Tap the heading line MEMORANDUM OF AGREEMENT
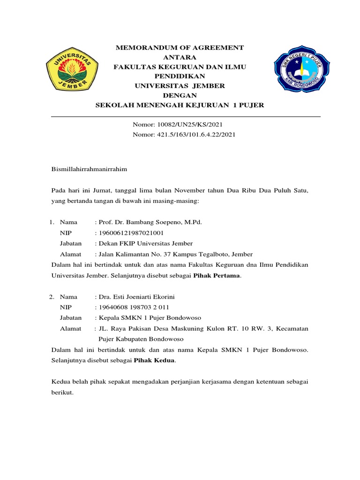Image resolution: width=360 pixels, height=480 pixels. (180, 48)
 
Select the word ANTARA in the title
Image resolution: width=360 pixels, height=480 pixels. (180, 58)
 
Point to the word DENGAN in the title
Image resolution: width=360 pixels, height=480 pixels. (180, 96)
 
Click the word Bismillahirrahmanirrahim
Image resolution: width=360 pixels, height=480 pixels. (89, 168)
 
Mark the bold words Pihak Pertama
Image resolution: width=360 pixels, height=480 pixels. (217, 276)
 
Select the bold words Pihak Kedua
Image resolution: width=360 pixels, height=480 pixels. (155, 360)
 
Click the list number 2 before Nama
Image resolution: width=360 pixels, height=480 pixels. (52, 297)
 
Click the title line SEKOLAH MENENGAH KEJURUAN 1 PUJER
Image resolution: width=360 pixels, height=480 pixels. (180, 105)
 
